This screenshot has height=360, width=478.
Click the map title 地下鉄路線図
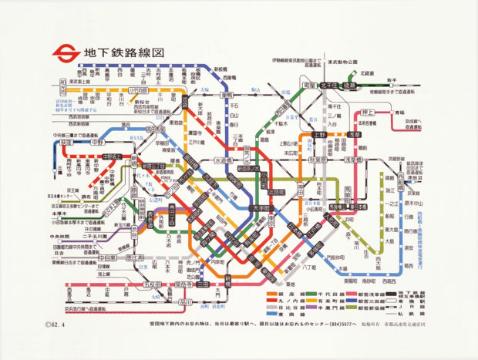[x=123, y=54]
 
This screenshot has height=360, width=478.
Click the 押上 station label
[x=367, y=113]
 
